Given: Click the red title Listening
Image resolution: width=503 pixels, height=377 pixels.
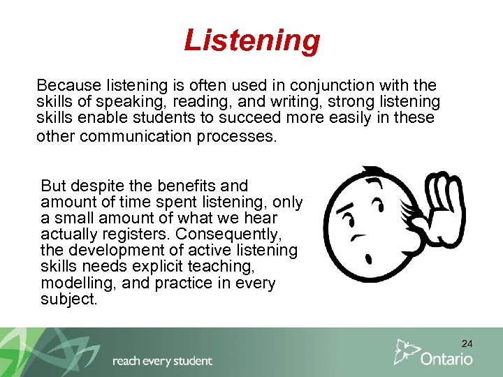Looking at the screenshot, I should [x=251, y=40].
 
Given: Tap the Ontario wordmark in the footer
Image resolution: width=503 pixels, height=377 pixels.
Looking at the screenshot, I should [x=446, y=359].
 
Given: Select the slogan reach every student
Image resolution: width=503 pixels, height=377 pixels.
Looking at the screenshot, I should [x=162, y=361].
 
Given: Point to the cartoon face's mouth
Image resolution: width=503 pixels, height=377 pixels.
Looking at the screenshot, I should [x=361, y=237].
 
